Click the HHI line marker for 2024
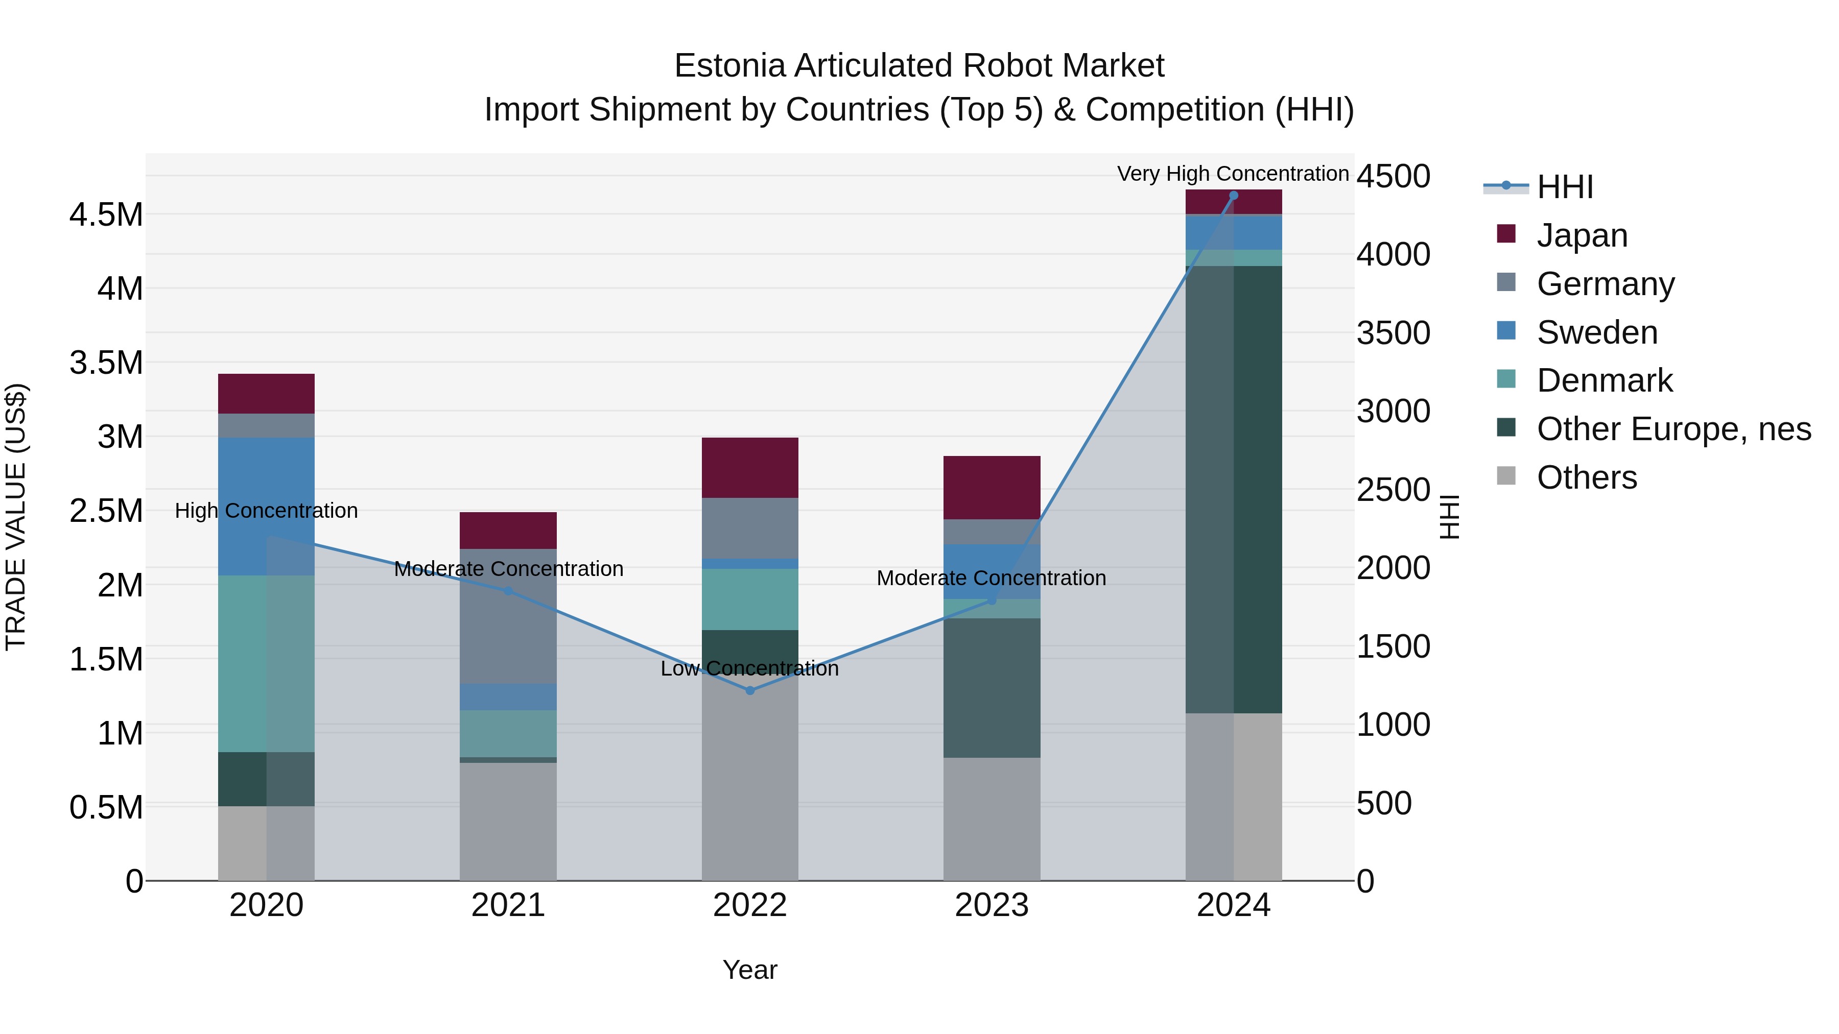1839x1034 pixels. tap(1233, 196)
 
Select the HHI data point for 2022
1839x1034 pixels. tap(749, 691)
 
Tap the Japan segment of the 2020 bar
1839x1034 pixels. tap(266, 393)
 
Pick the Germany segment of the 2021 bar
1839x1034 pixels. tap(508, 616)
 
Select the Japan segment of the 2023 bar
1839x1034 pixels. tap(991, 488)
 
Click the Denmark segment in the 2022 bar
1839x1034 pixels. tap(749, 599)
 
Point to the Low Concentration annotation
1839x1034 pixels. tap(749, 668)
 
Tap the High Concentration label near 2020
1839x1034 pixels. tap(266, 511)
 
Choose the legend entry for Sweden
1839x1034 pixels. tap(1596, 332)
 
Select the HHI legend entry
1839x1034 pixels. tap(1564, 187)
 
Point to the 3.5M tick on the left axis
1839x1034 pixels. tap(106, 363)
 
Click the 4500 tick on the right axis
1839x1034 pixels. tap(1393, 176)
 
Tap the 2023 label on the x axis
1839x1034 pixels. tap(991, 905)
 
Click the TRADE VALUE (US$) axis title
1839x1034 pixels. tap(16, 517)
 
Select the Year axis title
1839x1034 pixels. tap(749, 970)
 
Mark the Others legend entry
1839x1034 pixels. tap(1586, 477)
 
